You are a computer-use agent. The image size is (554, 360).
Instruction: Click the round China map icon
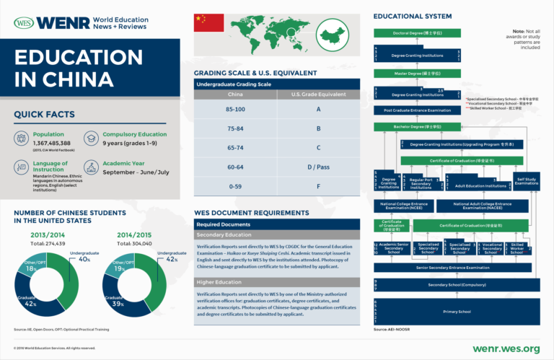(332, 37)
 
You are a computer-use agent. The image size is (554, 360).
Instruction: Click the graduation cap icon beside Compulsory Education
(91, 138)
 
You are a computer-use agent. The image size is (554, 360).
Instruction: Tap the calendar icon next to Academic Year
(91, 167)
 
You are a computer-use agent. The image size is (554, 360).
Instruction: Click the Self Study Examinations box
(527, 181)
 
